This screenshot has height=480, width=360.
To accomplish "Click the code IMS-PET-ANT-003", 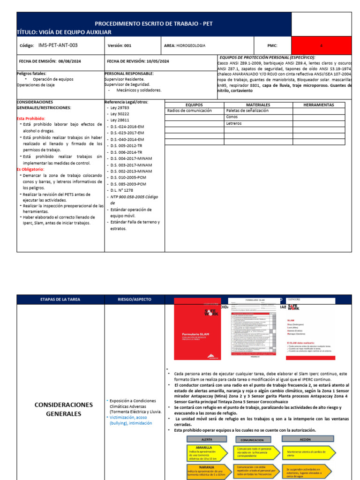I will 58,45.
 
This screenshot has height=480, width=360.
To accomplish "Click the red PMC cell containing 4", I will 321,45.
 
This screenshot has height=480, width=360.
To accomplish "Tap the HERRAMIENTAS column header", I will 318,105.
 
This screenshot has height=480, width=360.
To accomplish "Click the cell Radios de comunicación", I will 189,111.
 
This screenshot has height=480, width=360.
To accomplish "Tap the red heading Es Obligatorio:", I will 30,169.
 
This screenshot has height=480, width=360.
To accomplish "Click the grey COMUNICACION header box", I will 252,440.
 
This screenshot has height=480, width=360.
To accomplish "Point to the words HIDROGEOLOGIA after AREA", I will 191,45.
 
